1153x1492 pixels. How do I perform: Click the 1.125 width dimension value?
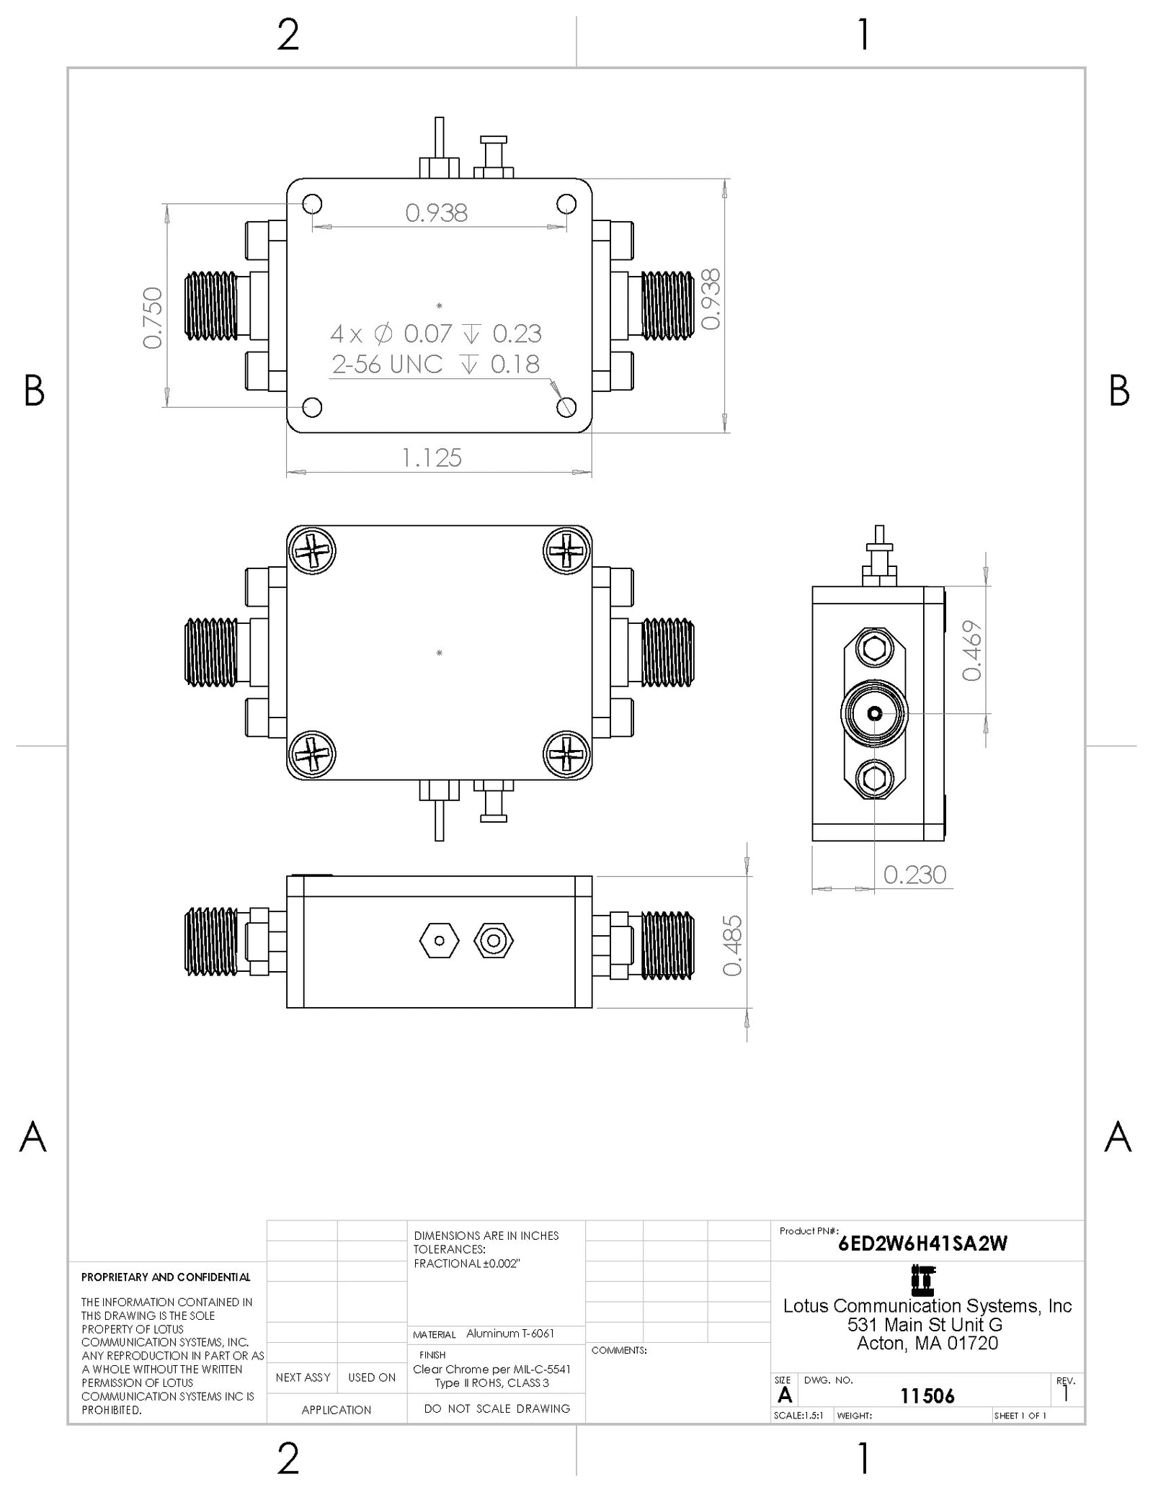pos(431,457)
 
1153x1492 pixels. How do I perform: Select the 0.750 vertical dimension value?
pos(153,318)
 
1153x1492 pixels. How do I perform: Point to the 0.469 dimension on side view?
pos(972,651)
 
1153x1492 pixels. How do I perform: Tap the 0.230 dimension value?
pos(914,875)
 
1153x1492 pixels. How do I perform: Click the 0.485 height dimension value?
pos(732,945)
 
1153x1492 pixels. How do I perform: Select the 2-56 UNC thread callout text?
pos(387,365)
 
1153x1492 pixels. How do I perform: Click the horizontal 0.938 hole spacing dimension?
pos(436,213)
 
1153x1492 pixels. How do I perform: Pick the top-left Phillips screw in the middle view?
pos(312,551)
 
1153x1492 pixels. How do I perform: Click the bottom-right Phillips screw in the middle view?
pos(566,754)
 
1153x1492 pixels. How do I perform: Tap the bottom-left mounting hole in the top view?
pos(312,407)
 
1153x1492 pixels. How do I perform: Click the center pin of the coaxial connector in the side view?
pos(874,714)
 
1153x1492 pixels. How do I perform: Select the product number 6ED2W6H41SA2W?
pos(922,1243)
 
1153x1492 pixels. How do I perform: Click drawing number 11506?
pos(927,1396)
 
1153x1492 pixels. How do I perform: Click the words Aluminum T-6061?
pos(509,1334)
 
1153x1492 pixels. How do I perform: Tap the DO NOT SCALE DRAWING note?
pos(497,1408)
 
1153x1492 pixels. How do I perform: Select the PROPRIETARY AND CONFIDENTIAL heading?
pos(166,1277)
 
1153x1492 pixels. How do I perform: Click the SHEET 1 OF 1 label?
pos(1020,1416)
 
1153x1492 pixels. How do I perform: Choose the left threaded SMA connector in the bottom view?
pos(211,942)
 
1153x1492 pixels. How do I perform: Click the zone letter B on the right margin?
pos(1118,390)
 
